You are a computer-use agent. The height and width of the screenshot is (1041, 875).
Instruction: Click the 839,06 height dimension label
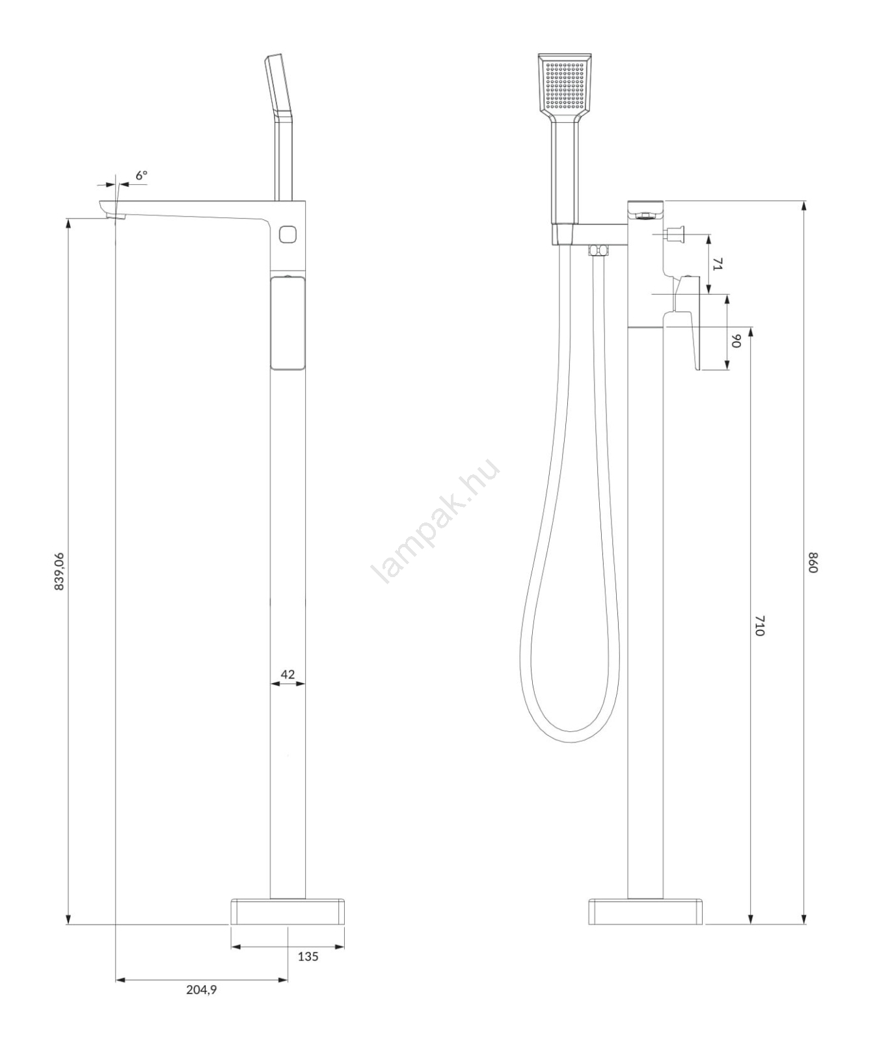59,571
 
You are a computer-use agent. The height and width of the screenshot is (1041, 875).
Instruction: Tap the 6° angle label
141,176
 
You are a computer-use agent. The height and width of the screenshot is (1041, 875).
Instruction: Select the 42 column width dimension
288,674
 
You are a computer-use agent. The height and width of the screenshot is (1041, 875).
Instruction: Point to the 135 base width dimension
308,956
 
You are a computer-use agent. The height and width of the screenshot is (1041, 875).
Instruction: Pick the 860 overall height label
812,562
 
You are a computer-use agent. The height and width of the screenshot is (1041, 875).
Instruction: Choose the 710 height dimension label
759,626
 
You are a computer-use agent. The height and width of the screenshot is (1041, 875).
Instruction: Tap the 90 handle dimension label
736,340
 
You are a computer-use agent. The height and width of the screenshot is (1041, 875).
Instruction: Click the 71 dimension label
718,264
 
